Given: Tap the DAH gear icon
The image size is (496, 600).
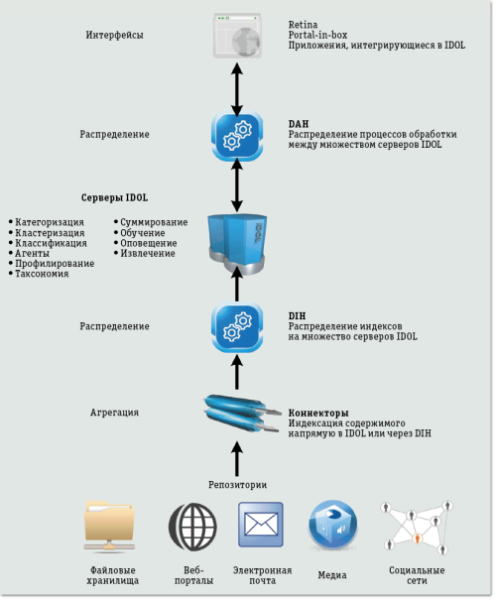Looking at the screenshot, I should coord(236,137).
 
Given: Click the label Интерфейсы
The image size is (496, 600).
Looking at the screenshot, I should coord(115,36).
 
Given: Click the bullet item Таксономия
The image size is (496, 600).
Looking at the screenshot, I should coord(43,274).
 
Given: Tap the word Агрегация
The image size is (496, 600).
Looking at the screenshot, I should coord(115,412).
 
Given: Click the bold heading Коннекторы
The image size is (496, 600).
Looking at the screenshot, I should coord(318,412).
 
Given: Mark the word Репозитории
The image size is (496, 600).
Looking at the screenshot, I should coord(236,484).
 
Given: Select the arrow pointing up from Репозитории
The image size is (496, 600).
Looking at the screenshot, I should coord(236,459).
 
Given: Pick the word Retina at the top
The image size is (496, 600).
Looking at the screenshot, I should coord(302,22).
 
